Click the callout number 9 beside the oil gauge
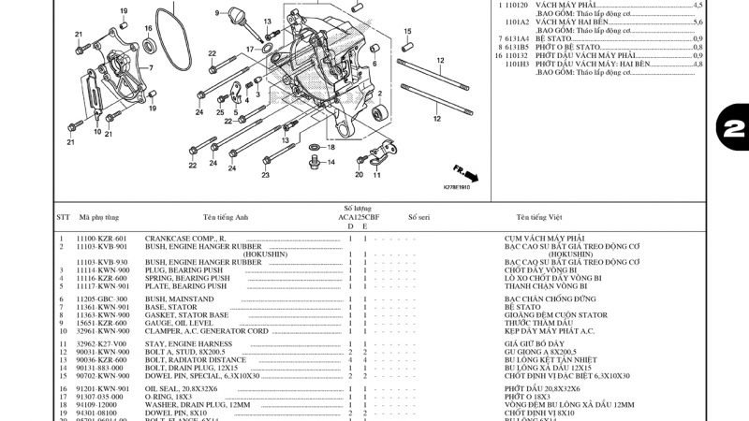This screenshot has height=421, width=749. click(x=216, y=13)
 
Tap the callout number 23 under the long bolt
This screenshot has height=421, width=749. click(x=265, y=175)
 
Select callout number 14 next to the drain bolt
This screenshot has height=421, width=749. click(x=330, y=161)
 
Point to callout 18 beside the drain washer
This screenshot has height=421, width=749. click(x=330, y=148)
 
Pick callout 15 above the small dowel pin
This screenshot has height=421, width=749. click(x=408, y=32)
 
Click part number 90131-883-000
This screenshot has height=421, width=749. click(x=102, y=368)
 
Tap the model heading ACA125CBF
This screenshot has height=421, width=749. click(x=359, y=216)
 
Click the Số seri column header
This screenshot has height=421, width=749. click(x=419, y=216)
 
